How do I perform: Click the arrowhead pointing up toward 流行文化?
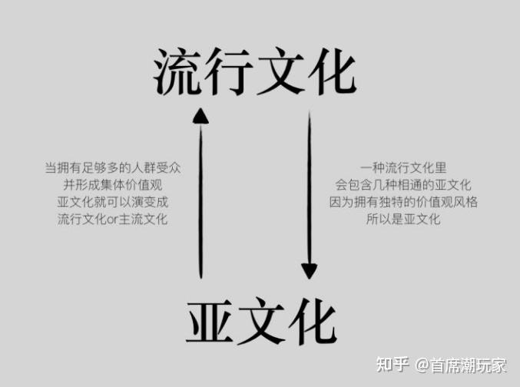200,115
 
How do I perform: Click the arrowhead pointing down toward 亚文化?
309,270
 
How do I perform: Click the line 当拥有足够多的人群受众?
112,167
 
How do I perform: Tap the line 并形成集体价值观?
112,184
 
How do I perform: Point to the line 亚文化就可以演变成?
112,202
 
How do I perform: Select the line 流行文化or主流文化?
112,220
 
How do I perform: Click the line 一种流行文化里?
403,167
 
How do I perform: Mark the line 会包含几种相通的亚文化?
403,184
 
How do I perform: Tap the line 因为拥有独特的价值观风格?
403,202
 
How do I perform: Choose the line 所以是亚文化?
403,220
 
